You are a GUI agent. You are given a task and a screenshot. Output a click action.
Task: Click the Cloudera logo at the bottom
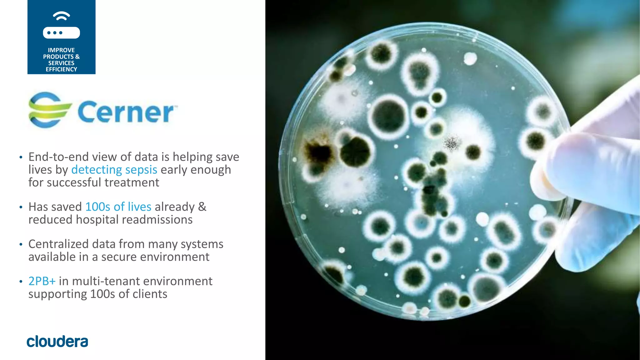(x=57, y=341)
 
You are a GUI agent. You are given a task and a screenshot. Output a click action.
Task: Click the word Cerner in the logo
(x=126, y=112)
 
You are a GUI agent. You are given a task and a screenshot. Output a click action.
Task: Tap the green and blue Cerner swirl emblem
(x=49, y=110)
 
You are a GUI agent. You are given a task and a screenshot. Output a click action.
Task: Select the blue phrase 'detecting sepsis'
(x=114, y=170)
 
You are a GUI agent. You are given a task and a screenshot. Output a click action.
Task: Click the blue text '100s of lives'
(x=118, y=207)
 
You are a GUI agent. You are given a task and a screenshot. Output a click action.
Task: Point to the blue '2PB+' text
(x=42, y=281)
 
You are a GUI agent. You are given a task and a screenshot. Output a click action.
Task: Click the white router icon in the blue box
(x=61, y=32)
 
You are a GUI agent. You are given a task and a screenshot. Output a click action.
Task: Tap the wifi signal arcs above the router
(x=61, y=16)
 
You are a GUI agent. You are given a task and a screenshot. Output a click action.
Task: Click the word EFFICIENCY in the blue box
(x=61, y=69)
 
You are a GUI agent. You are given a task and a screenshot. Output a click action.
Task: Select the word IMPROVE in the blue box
(x=61, y=50)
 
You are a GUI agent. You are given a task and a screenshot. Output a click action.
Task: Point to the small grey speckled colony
(x=452, y=143)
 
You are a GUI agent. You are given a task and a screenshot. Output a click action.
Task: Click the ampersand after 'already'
(x=202, y=207)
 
